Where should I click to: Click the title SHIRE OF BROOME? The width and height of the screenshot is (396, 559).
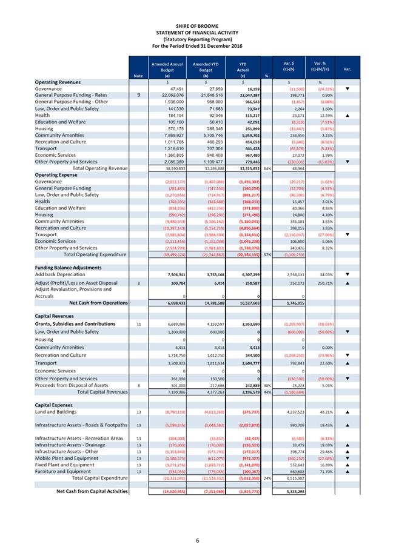pyautogui.click(x=198, y=25)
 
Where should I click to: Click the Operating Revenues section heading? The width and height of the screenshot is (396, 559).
pyautogui.click(x=58, y=82)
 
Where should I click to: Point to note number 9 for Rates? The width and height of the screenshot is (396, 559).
pyautogui.click(x=138, y=95)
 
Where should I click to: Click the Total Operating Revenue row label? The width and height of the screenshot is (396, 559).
pyautogui.click(x=100, y=168)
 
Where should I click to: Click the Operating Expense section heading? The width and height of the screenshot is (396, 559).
pyautogui.click(x=56, y=174)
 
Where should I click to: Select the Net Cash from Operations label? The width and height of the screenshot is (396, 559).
pyautogui.click(x=98, y=302)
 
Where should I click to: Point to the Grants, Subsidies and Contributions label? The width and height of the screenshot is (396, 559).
pyautogui.click(x=75, y=324)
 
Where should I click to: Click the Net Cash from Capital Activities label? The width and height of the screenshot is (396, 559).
pyautogui.click(x=92, y=491)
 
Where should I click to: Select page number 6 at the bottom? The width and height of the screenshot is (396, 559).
pyautogui.click(x=197, y=540)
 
